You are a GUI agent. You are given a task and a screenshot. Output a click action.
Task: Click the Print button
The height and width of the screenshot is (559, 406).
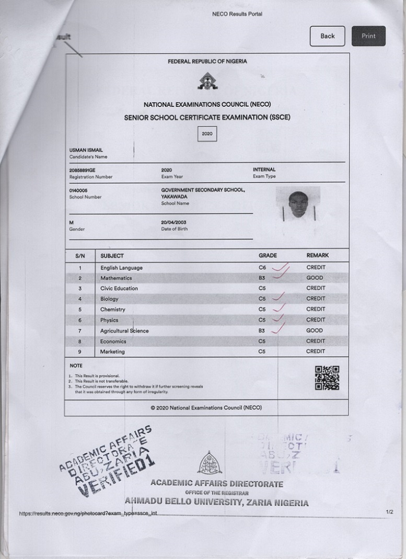(368, 36)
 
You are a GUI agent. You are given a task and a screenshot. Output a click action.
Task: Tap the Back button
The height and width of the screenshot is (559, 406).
(327, 36)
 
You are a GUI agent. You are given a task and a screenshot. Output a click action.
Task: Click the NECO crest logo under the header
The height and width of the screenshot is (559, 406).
(207, 81)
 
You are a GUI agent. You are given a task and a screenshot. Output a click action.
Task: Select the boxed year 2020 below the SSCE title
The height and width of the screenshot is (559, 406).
(207, 133)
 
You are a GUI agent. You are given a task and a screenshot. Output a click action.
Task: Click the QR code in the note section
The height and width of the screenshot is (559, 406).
(327, 378)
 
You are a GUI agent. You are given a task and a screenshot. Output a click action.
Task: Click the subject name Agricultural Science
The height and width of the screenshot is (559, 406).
(124, 331)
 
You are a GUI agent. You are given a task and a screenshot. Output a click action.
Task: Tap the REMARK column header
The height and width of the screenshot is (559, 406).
(317, 256)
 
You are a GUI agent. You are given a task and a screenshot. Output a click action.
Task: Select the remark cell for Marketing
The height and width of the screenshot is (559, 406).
(316, 351)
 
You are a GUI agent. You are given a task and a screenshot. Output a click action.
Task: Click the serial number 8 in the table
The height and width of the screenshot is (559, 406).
(80, 341)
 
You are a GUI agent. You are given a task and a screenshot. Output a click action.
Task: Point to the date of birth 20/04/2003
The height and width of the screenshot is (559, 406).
(173, 222)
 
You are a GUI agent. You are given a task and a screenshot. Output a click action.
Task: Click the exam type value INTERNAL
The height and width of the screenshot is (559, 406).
(264, 170)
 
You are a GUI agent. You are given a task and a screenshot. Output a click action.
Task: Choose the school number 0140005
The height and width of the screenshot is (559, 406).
(78, 191)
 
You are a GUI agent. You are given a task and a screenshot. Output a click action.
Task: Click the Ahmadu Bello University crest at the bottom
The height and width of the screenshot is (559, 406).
(209, 463)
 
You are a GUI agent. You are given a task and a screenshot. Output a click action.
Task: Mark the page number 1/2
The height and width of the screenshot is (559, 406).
(389, 512)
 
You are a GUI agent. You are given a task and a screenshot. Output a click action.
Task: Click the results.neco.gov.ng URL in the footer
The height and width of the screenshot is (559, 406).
(88, 514)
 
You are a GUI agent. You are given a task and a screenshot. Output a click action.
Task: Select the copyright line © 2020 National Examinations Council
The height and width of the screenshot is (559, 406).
(206, 407)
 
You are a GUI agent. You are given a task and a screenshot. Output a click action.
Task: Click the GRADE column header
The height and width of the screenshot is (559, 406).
(268, 256)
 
